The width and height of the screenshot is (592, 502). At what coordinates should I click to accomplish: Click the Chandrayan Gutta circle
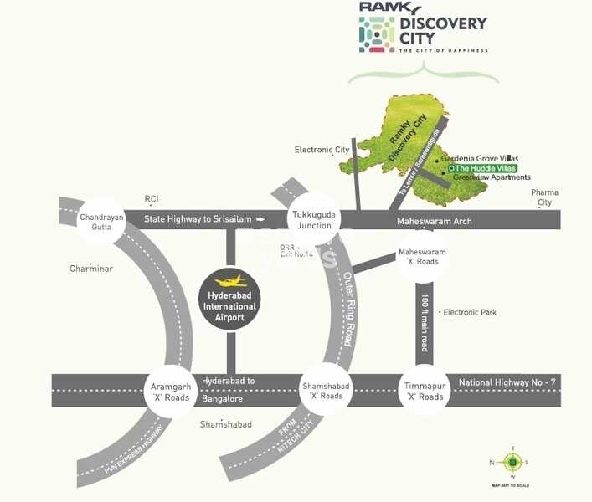click(101, 222)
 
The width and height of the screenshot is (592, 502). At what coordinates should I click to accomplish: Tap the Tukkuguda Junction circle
click(312, 220)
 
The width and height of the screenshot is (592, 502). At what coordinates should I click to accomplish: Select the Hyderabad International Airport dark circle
click(229, 300)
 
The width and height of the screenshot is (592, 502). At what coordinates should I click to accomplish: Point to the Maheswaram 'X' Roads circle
click(422, 256)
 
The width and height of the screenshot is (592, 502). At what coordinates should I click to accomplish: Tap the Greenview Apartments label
click(492, 177)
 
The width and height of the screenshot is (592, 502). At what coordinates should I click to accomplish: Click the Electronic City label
click(322, 150)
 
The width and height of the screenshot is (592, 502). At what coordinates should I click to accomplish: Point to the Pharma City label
click(545, 197)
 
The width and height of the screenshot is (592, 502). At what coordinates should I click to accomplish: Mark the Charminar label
click(90, 269)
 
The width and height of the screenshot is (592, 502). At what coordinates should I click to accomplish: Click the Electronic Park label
click(469, 312)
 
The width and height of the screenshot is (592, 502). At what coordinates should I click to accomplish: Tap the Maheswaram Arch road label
click(434, 221)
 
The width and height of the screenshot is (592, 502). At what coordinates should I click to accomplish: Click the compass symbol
click(511, 461)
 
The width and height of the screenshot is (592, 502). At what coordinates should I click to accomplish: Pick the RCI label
click(152, 199)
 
